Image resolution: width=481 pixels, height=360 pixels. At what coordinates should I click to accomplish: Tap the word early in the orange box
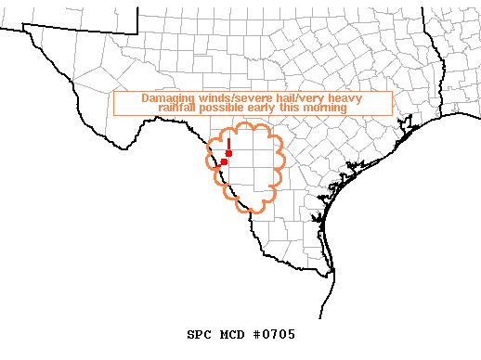(269, 108)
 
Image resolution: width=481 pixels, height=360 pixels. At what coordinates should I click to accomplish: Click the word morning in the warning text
(325, 108)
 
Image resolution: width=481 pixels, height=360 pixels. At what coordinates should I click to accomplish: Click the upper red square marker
(228, 152)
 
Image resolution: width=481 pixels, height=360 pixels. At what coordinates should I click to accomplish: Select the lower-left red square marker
(224, 161)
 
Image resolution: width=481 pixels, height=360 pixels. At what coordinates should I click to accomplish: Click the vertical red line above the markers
(228, 142)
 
